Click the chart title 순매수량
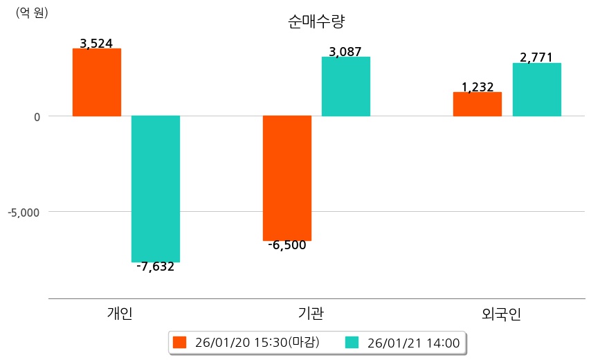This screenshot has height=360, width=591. [316, 21]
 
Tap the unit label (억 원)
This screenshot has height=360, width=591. [32, 12]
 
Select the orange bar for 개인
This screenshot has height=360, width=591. [97, 82]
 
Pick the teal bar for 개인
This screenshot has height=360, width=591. [156, 189]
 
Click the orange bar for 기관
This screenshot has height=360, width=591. [287, 178]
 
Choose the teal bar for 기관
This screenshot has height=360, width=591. [346, 87]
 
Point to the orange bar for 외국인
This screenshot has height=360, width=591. [478, 104]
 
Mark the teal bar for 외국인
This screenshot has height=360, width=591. [536, 89]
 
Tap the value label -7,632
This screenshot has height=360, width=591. [156, 267]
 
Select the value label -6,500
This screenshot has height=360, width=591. [287, 245]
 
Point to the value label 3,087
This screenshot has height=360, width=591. [346, 52]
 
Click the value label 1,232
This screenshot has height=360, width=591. [478, 87]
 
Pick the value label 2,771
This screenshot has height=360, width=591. [536, 57]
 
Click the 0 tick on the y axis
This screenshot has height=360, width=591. [36, 116]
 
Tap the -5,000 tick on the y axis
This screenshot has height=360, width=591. [24, 212]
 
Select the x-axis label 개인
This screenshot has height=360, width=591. [120, 314]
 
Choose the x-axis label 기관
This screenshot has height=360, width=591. [310, 314]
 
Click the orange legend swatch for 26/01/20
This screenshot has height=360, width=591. [180, 343]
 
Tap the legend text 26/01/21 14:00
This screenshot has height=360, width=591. [413, 343]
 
